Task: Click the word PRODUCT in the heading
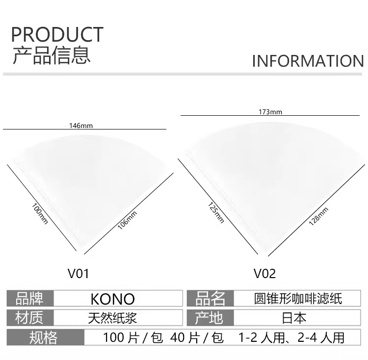57,35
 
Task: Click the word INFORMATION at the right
308,61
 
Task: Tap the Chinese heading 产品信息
52,55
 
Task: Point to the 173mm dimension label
270,112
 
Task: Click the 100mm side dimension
40,214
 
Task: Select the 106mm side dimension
127,220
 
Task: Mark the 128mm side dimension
318,215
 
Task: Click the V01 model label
79,273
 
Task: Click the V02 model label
264,273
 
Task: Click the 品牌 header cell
30,299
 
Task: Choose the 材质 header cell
30,318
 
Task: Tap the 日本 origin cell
294,318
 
